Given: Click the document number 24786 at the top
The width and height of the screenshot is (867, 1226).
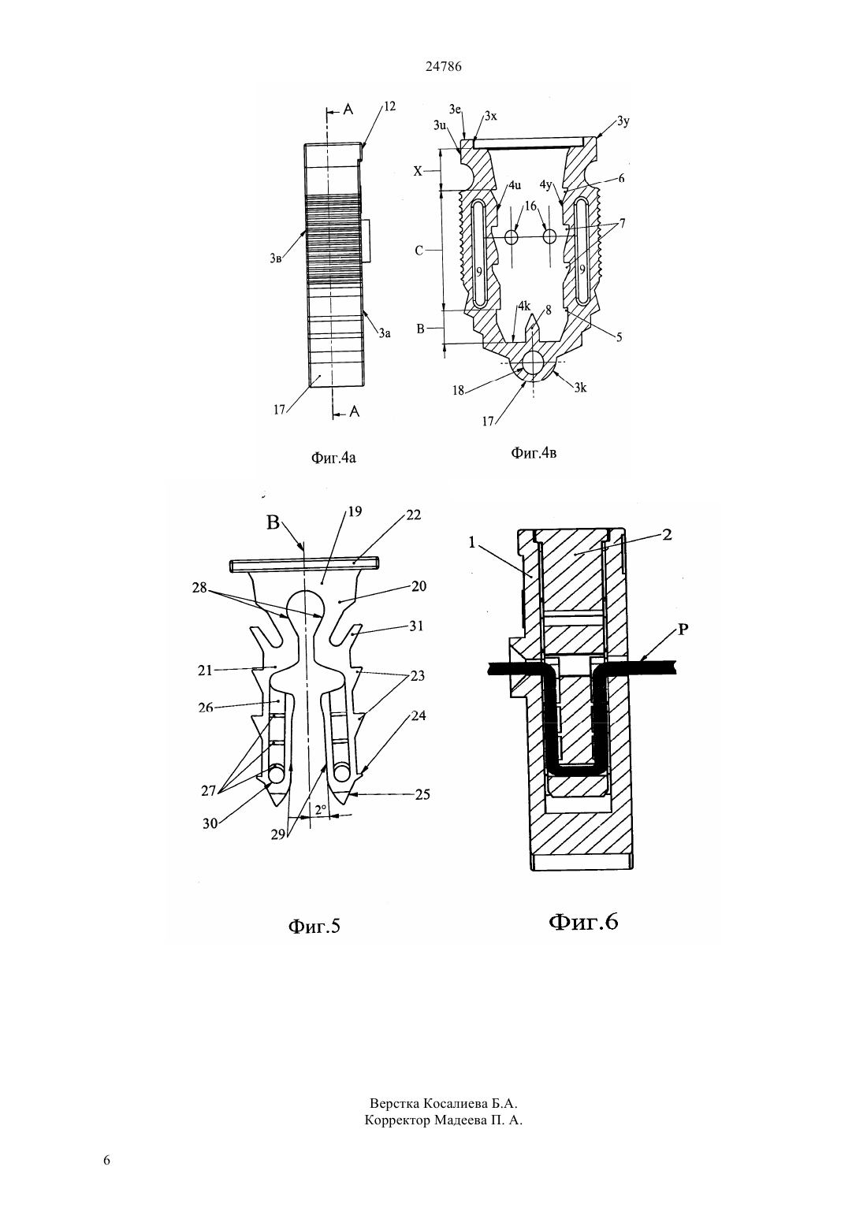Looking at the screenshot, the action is (x=443, y=67).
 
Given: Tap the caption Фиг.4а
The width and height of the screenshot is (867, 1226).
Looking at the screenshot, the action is (x=333, y=458).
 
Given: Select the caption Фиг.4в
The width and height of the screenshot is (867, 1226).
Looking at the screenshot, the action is (x=534, y=452).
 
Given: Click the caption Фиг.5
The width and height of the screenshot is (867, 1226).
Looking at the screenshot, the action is (x=314, y=926).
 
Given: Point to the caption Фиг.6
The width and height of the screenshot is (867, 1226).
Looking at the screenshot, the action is (x=583, y=922).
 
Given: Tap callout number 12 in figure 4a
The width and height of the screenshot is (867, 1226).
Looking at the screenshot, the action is (x=389, y=106).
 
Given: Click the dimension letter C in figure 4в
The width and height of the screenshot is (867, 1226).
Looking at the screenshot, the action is (x=419, y=251).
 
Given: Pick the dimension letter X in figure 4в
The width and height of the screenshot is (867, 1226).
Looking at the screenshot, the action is (x=418, y=171).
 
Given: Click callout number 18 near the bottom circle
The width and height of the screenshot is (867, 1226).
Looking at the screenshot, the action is (x=458, y=390).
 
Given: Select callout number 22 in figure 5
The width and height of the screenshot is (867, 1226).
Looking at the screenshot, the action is (x=413, y=515).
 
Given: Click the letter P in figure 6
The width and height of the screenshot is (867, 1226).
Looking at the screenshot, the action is (x=683, y=630).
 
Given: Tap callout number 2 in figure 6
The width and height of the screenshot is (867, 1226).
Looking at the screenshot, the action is (x=667, y=534).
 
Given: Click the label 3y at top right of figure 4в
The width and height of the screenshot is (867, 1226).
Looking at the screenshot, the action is (x=623, y=121).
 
